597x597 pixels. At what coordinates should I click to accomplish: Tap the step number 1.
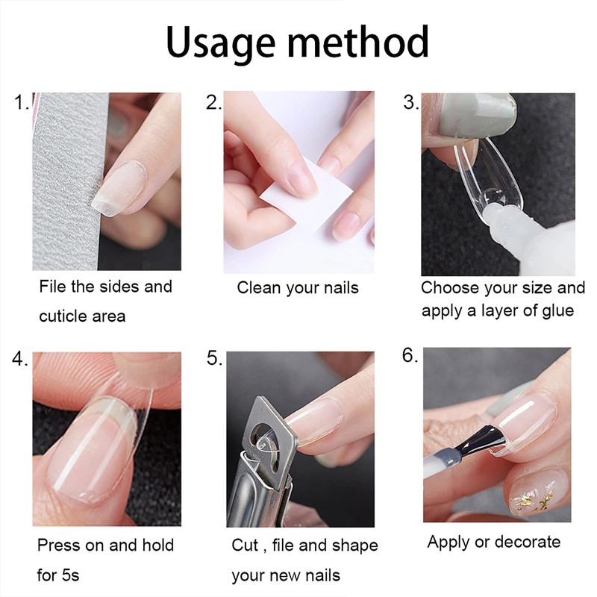21,104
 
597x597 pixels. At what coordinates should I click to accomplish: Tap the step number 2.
213,104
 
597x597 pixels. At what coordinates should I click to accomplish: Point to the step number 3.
410,104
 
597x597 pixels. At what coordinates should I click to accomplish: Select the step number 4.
20,359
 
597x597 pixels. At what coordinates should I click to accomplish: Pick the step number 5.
214,359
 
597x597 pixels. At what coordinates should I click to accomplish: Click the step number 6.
410,355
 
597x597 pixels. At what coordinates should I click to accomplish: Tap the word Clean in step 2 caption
257,288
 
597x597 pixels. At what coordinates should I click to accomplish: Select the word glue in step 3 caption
554,310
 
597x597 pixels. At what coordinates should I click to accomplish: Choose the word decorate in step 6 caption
525,542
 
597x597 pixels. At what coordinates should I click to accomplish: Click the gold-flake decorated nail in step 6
533,492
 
